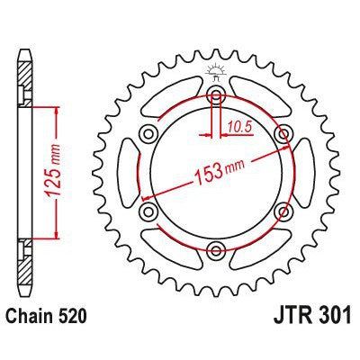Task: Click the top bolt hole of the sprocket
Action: tap(216, 95)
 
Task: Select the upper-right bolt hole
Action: tap(284, 135)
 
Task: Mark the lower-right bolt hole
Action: tap(284, 212)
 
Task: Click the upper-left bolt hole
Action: tap(148, 135)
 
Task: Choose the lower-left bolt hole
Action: tap(148, 212)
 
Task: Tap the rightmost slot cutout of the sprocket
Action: tap(304, 174)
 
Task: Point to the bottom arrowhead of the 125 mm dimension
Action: tap(58, 238)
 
